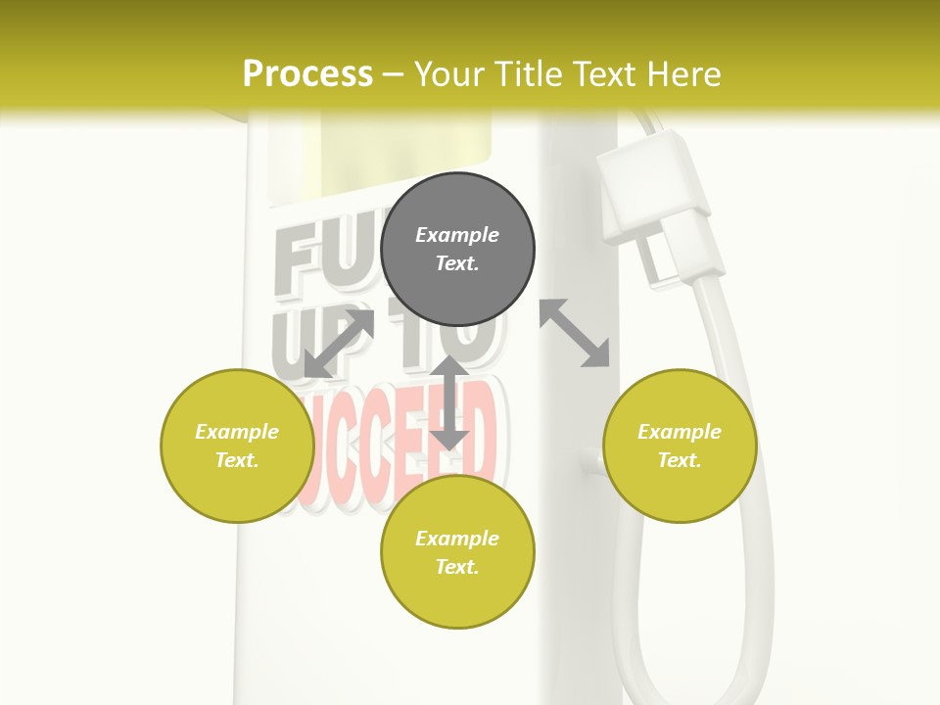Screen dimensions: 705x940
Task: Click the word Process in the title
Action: [307, 74]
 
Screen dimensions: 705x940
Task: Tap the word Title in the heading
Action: [540, 74]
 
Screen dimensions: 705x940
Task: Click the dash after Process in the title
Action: [393, 75]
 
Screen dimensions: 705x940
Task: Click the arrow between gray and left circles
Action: [339, 343]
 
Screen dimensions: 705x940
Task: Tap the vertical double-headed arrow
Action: [449, 402]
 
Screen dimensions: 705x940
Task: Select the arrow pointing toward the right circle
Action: [575, 333]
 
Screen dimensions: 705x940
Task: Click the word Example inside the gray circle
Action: [457, 235]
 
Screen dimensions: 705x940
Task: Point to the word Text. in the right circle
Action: [680, 460]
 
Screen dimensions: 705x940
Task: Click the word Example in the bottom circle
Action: [457, 539]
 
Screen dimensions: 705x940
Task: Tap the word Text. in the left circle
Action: [237, 460]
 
